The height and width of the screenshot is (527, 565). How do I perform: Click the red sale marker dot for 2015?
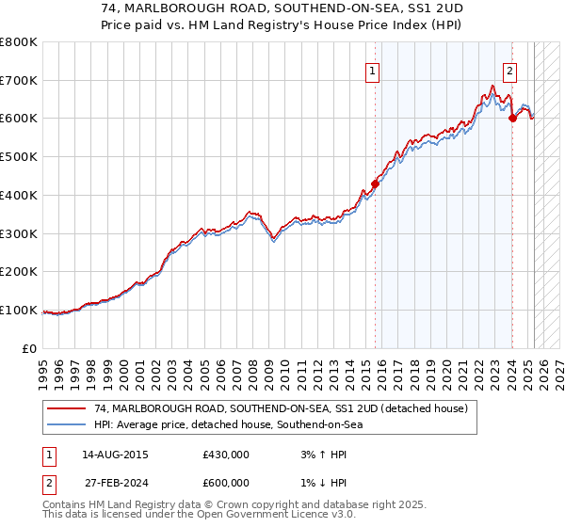point(375,184)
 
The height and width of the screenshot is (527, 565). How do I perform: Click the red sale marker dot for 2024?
point(512,118)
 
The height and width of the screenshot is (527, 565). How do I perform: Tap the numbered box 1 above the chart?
point(373,71)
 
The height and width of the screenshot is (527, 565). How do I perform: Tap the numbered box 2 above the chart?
point(509,71)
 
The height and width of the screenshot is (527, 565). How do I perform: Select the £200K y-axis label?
point(19,272)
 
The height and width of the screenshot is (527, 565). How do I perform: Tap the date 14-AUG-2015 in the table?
point(115,455)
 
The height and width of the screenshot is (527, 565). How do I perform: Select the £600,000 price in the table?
point(226,483)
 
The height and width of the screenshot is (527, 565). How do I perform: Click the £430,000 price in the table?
point(226,455)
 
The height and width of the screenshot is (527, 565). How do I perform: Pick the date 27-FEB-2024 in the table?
point(115,483)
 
